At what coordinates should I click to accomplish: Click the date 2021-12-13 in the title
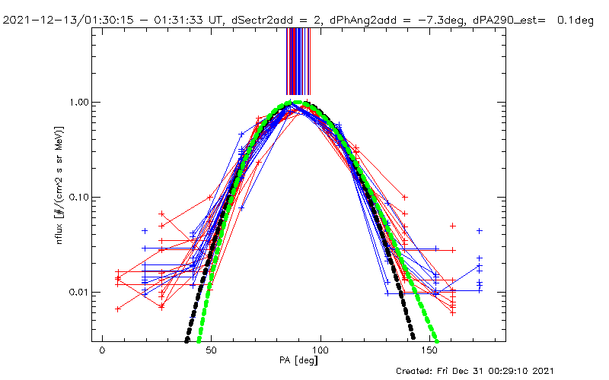[x=37, y=20]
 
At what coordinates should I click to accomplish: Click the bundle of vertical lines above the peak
[x=298, y=61]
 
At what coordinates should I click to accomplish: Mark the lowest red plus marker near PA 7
[x=117, y=309]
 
